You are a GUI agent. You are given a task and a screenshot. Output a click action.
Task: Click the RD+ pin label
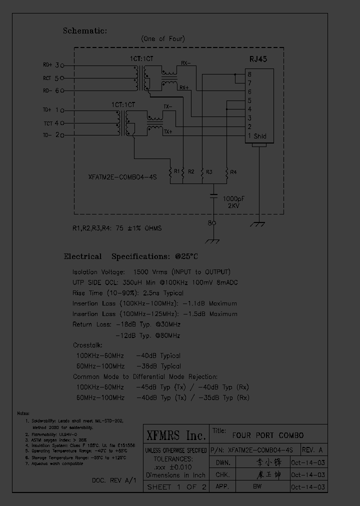[47, 65]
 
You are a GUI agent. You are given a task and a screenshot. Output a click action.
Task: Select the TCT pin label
[48, 123]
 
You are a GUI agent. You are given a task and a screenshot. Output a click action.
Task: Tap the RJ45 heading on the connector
[258, 59]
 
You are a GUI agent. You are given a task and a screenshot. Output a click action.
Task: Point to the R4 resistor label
[233, 172]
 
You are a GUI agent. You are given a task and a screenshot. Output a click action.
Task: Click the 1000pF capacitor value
[233, 198]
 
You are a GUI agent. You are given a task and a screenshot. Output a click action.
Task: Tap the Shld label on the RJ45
[260, 136]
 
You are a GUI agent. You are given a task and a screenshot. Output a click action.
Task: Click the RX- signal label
[185, 63]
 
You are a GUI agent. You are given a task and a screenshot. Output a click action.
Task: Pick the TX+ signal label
[167, 132]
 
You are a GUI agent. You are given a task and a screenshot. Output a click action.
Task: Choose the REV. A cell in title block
[313, 449]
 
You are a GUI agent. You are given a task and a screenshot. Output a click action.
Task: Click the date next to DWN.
[307, 462]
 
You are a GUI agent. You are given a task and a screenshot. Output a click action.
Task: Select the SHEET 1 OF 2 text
[176, 487]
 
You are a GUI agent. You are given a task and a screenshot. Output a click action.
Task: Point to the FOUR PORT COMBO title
[267, 435]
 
